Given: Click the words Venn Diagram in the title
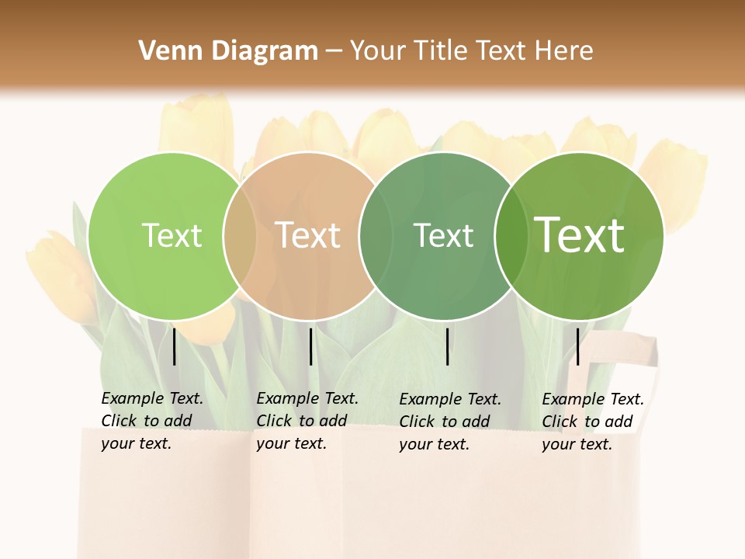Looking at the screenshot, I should pyautogui.click(x=228, y=51).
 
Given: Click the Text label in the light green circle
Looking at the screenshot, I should pyautogui.click(x=172, y=235).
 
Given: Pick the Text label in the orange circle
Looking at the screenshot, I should pyautogui.click(x=308, y=235).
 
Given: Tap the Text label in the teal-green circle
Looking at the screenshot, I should pyautogui.click(x=443, y=235).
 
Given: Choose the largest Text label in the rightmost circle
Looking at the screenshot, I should pyautogui.click(x=580, y=234).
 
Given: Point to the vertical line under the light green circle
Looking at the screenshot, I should pyautogui.click(x=174, y=346).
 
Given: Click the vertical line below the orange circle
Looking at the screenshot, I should pyautogui.click(x=310, y=346).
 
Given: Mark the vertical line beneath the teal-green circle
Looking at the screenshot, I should pyautogui.click(x=448, y=346).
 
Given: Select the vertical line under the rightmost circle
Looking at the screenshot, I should pyautogui.click(x=577, y=346).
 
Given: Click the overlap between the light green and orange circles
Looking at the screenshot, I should pyautogui.click(x=240, y=236).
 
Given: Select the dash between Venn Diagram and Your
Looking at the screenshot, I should pyautogui.click(x=334, y=51).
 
